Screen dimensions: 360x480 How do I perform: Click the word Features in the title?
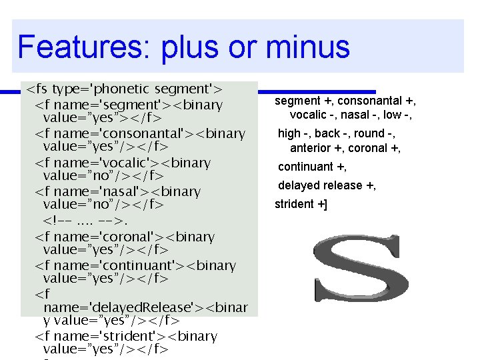pyautogui.click(x=79, y=47)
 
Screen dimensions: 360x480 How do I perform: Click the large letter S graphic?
pyautogui.click(x=361, y=271)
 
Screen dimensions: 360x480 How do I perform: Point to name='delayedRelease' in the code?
pyautogui.click(x=117, y=307)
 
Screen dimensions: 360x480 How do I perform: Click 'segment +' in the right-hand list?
pyautogui.click(x=305, y=101)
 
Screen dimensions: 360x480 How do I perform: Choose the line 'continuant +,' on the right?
pyautogui.click(x=312, y=167)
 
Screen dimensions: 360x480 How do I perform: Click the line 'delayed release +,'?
pyautogui.click(x=327, y=185)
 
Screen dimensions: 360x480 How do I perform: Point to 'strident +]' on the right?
pyautogui.click(x=301, y=204)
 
